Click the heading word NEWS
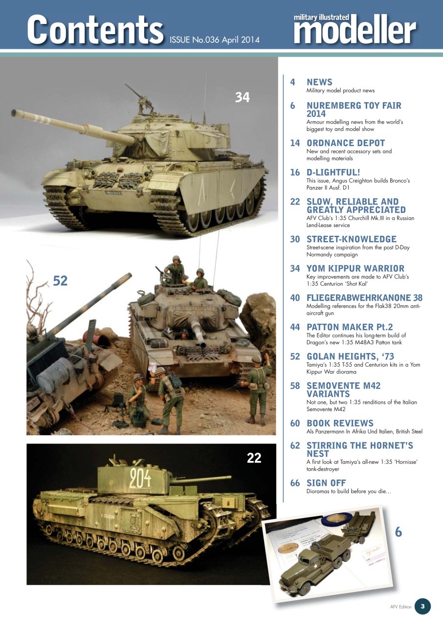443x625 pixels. pos(319,82)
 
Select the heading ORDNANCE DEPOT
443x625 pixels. pos(346,143)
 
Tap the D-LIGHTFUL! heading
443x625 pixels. pos(333,172)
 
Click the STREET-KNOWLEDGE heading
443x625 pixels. pos(351,239)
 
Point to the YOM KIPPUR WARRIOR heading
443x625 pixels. pos(355,268)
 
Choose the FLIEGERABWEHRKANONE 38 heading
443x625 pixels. pos(364,297)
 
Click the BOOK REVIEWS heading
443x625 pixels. pos(340,423)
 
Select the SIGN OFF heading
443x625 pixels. pos(326,483)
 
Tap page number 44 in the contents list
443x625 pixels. pos(295,327)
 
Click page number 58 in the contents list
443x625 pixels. pos(295,385)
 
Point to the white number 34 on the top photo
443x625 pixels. pos(242,98)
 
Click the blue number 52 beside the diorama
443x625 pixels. pos(60,280)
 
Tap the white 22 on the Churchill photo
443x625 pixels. pos(254,458)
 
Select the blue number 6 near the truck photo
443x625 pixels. pos(399,532)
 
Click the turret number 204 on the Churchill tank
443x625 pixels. pos(140,478)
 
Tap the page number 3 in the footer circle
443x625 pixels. pos(422,606)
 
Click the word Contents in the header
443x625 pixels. pos(95,29)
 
